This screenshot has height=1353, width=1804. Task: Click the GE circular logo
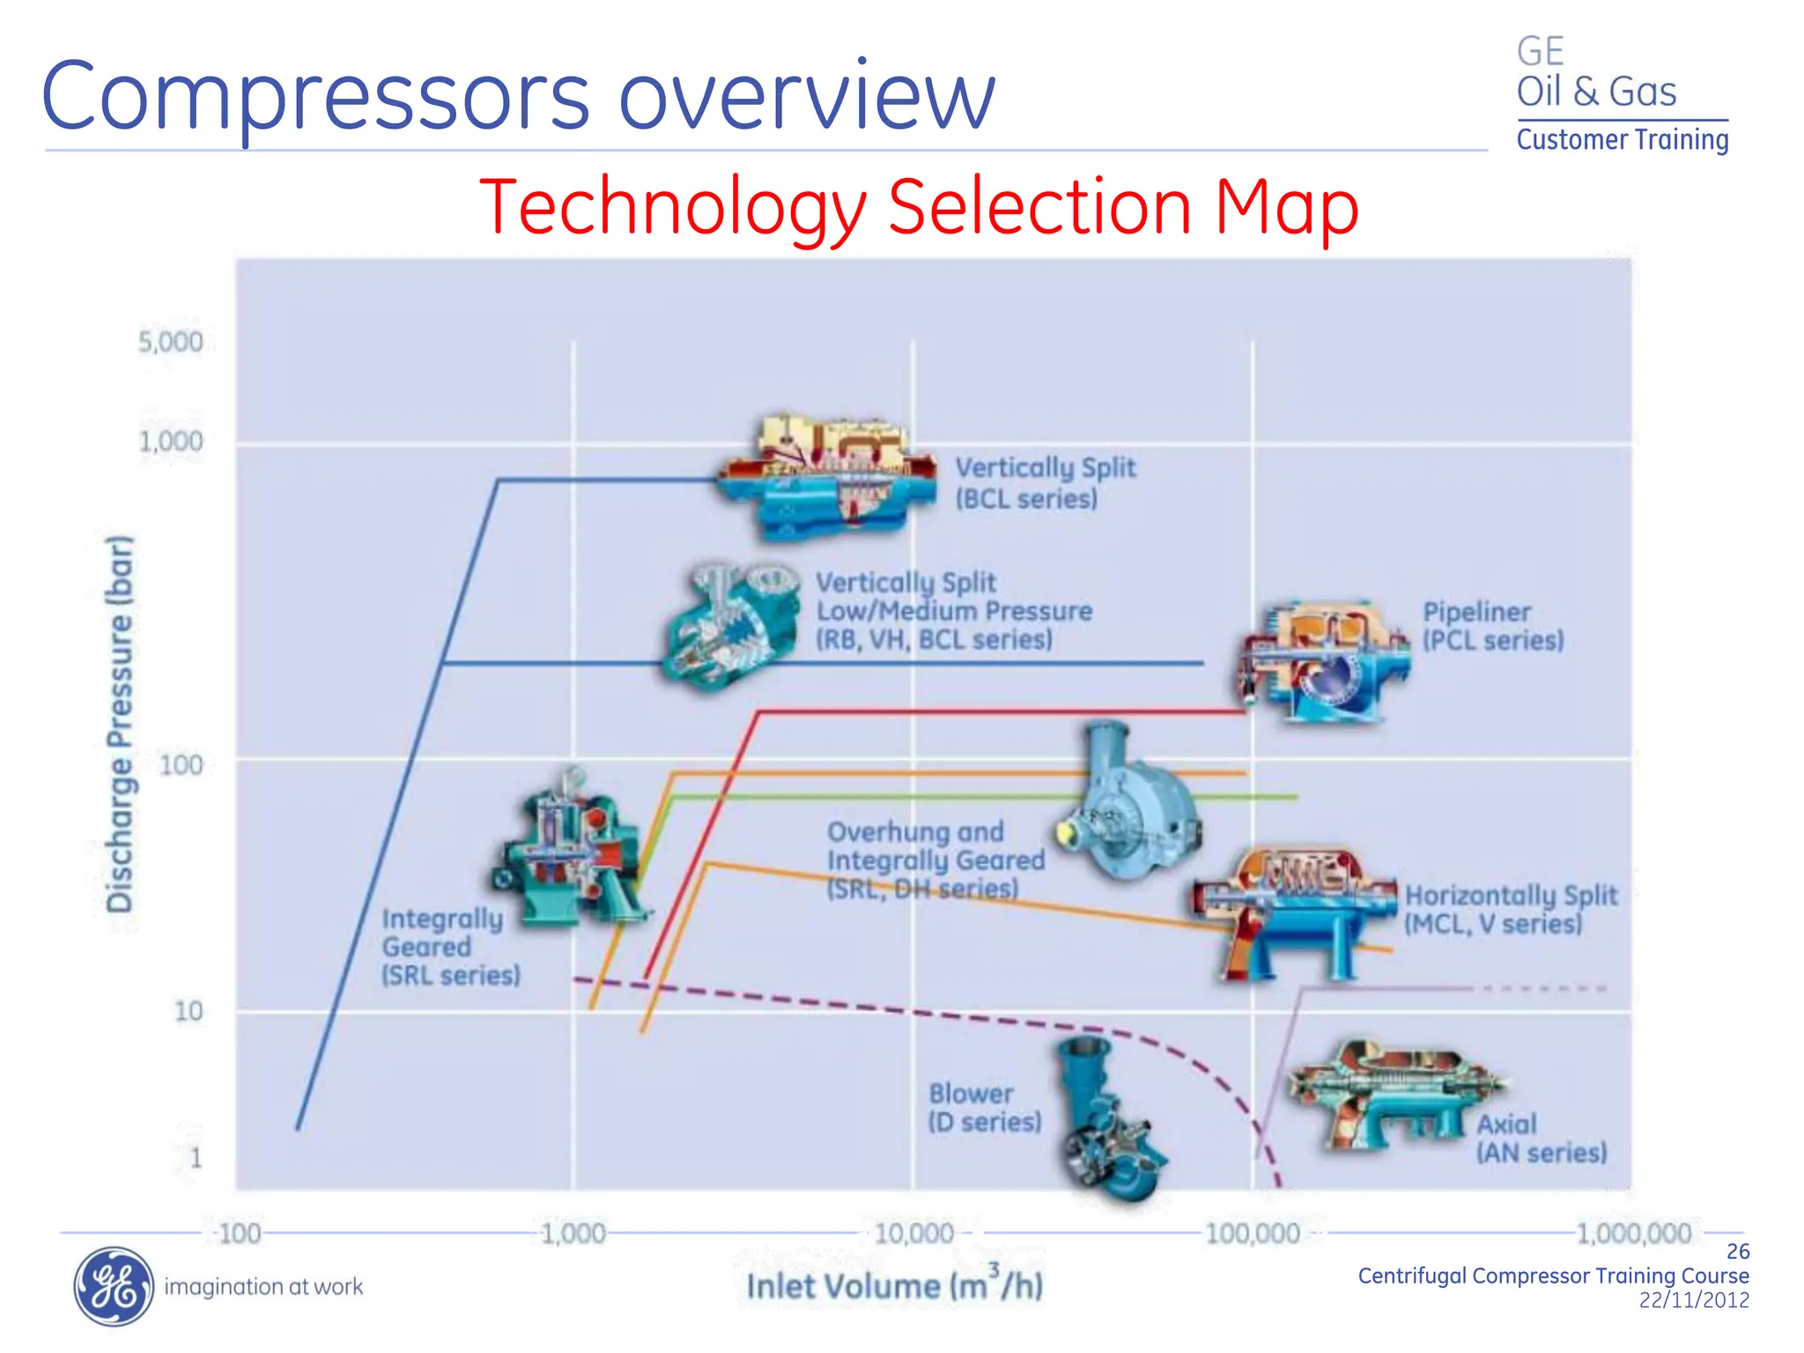113,1286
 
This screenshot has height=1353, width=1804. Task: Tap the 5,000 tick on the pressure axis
171,342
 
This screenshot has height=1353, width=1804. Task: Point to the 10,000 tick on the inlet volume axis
913,1233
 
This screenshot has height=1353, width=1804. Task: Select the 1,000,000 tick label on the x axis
1633,1233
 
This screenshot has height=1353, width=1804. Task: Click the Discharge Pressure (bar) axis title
120,722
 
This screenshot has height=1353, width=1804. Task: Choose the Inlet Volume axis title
894,1284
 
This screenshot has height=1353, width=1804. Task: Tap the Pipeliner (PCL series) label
1493,625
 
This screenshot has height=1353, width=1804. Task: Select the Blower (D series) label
984,1107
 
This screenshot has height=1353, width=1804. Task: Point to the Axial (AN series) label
1541,1138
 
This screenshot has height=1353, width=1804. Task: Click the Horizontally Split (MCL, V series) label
1510,909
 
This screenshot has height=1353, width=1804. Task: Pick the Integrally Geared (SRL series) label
450,947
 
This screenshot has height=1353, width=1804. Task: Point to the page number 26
1737,1251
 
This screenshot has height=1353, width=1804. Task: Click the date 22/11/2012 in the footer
1693,1300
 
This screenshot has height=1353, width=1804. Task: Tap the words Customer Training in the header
1622,140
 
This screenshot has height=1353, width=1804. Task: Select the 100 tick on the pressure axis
181,765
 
